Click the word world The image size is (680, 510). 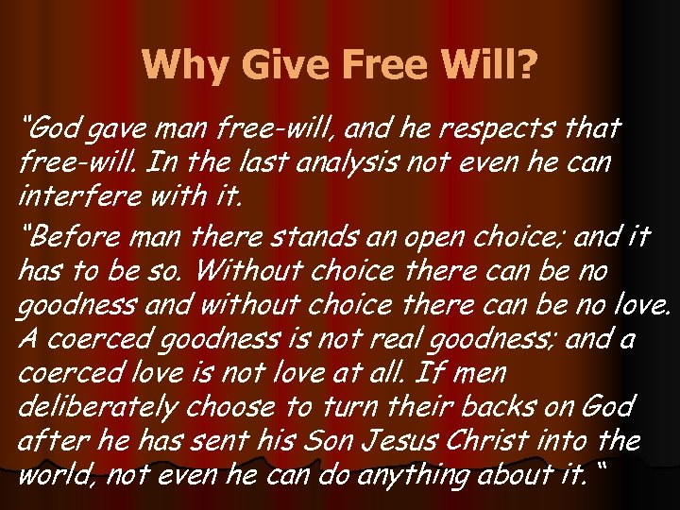tap(51, 475)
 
